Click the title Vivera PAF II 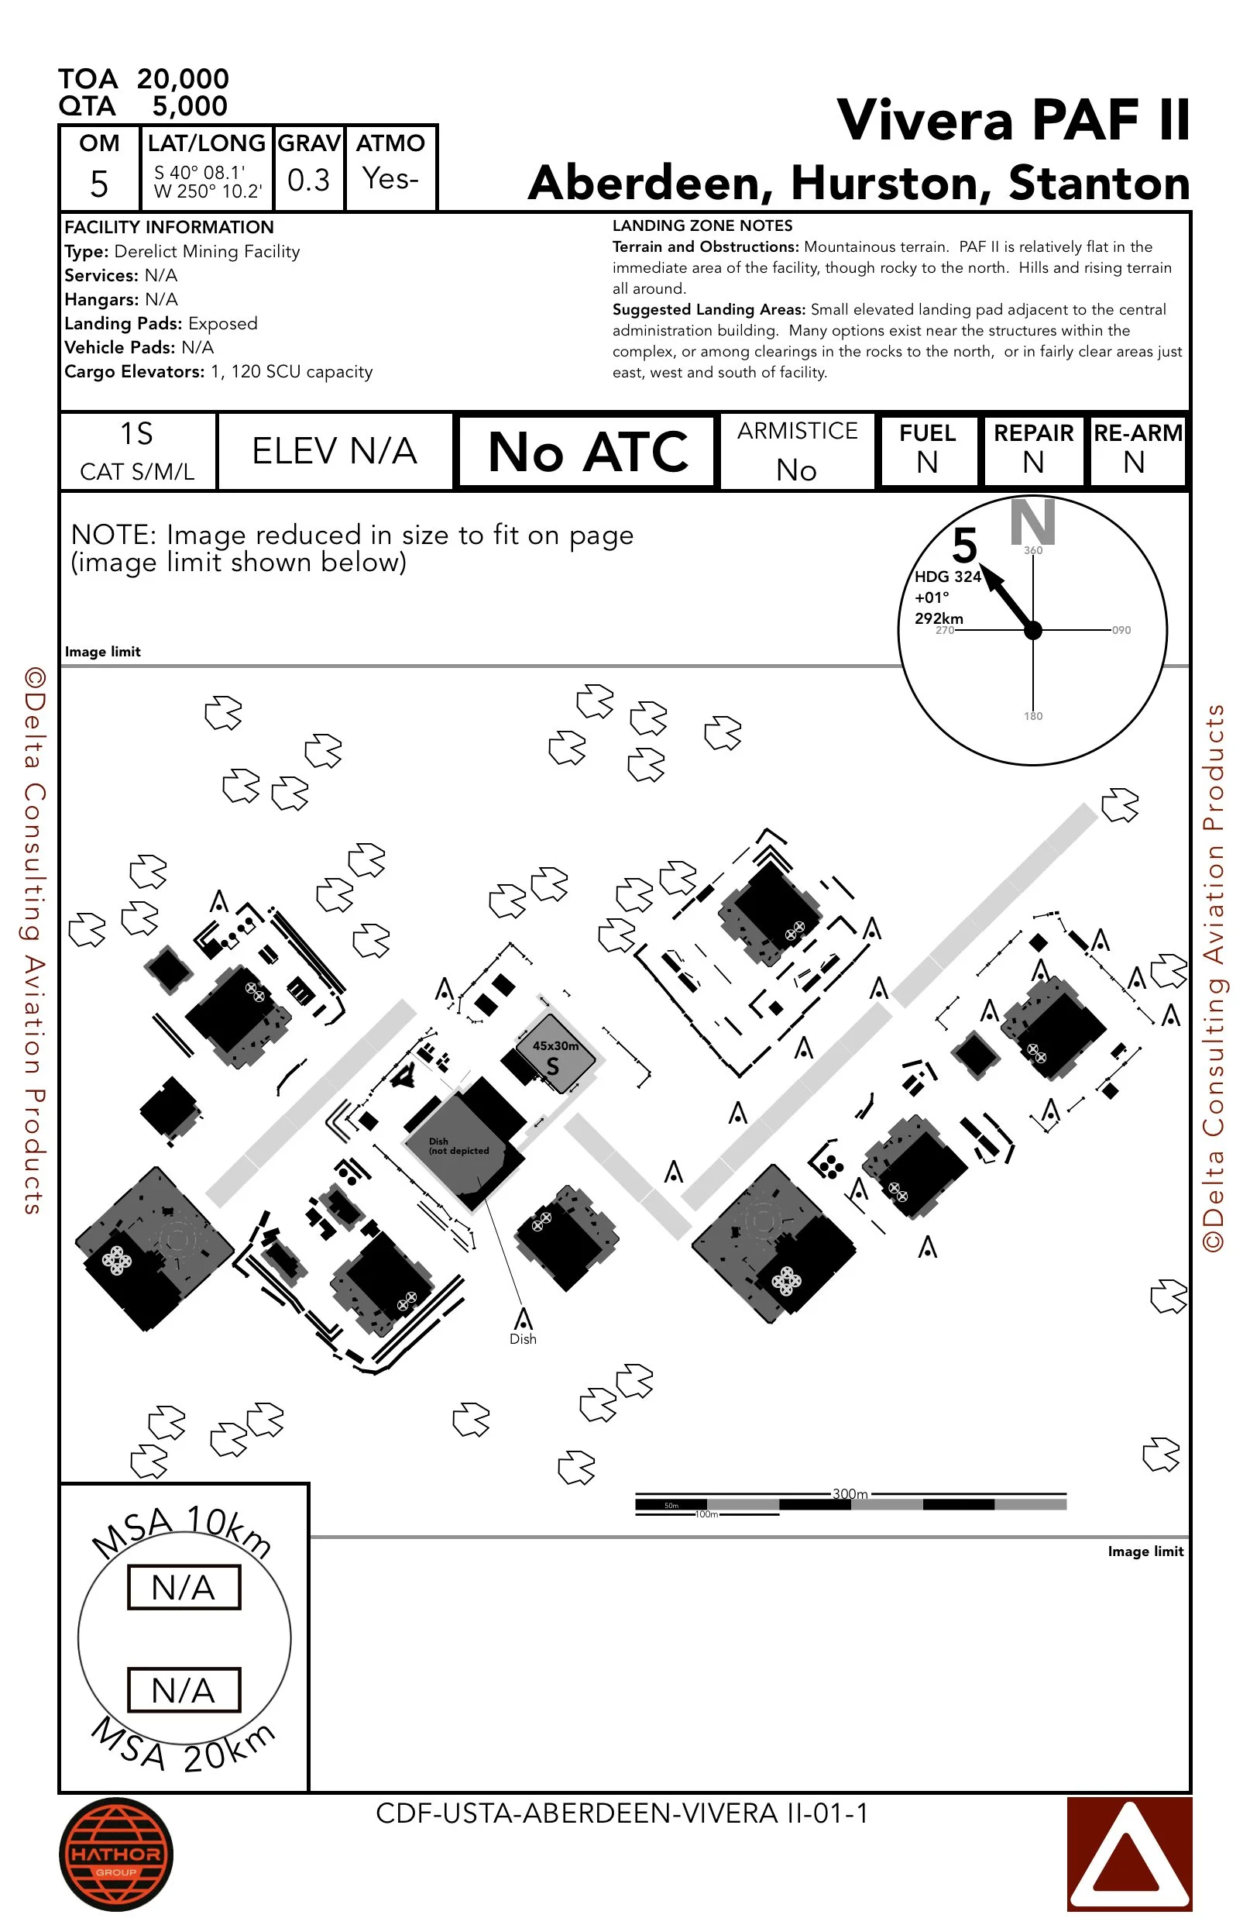1012,121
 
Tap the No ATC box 587,451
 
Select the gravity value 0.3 308,180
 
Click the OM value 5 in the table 99,184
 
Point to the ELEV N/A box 335,451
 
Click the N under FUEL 927,463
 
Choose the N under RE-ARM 1134,463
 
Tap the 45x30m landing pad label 555,1046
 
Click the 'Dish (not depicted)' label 458,1146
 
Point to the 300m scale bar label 850,1493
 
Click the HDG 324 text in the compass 947,577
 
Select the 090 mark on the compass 1121,630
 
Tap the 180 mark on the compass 1032,715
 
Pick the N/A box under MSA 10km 184,1587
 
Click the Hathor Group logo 116,1854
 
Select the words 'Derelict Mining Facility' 207,251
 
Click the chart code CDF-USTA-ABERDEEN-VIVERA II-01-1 622,1813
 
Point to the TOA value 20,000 183,79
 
